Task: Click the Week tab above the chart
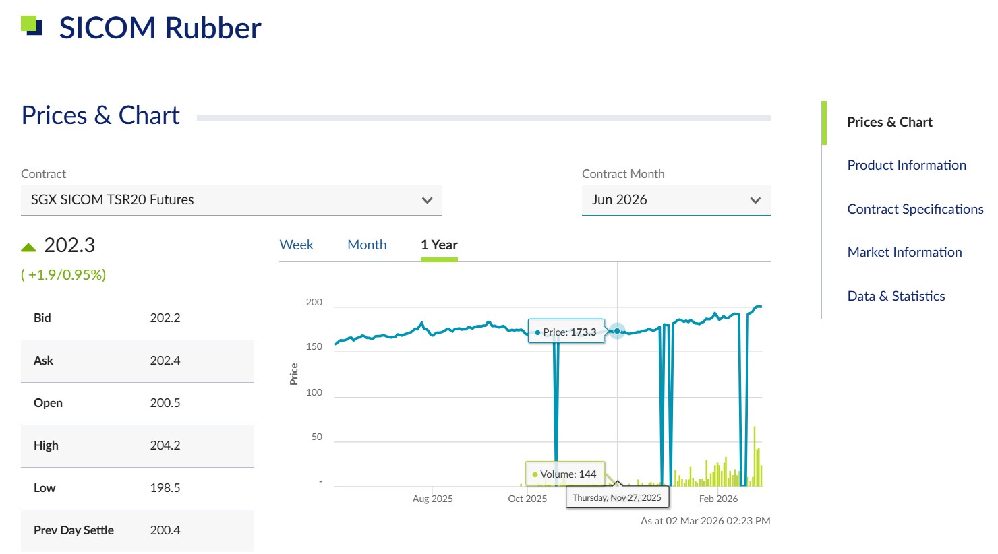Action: [296, 245]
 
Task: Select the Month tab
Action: [367, 245]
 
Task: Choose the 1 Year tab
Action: [439, 245]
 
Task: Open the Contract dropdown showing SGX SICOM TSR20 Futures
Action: [231, 200]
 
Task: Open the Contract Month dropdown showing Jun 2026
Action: [676, 200]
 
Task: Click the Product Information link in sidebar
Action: [906, 165]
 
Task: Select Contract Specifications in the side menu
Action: [915, 209]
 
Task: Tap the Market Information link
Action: [904, 252]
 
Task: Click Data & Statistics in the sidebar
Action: [896, 296]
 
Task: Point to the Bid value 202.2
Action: [165, 318]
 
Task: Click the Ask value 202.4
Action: [165, 361]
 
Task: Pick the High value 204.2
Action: [165, 445]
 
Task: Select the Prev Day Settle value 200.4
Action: [165, 530]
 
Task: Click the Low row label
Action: [45, 488]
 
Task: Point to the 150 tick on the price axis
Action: [314, 347]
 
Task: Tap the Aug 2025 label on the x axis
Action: [432, 499]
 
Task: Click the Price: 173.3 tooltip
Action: [566, 332]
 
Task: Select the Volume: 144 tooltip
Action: [565, 474]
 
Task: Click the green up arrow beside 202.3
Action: [28, 247]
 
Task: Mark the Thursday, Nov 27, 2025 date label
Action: [617, 498]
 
